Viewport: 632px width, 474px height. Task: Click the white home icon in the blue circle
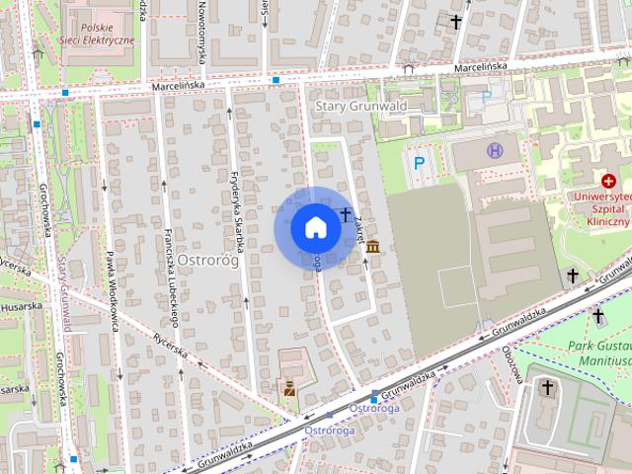click(315, 228)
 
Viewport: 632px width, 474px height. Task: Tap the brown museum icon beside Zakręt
click(372, 247)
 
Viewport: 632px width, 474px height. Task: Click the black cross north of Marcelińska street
click(456, 21)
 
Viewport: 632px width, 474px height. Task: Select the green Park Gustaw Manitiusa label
click(600, 354)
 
